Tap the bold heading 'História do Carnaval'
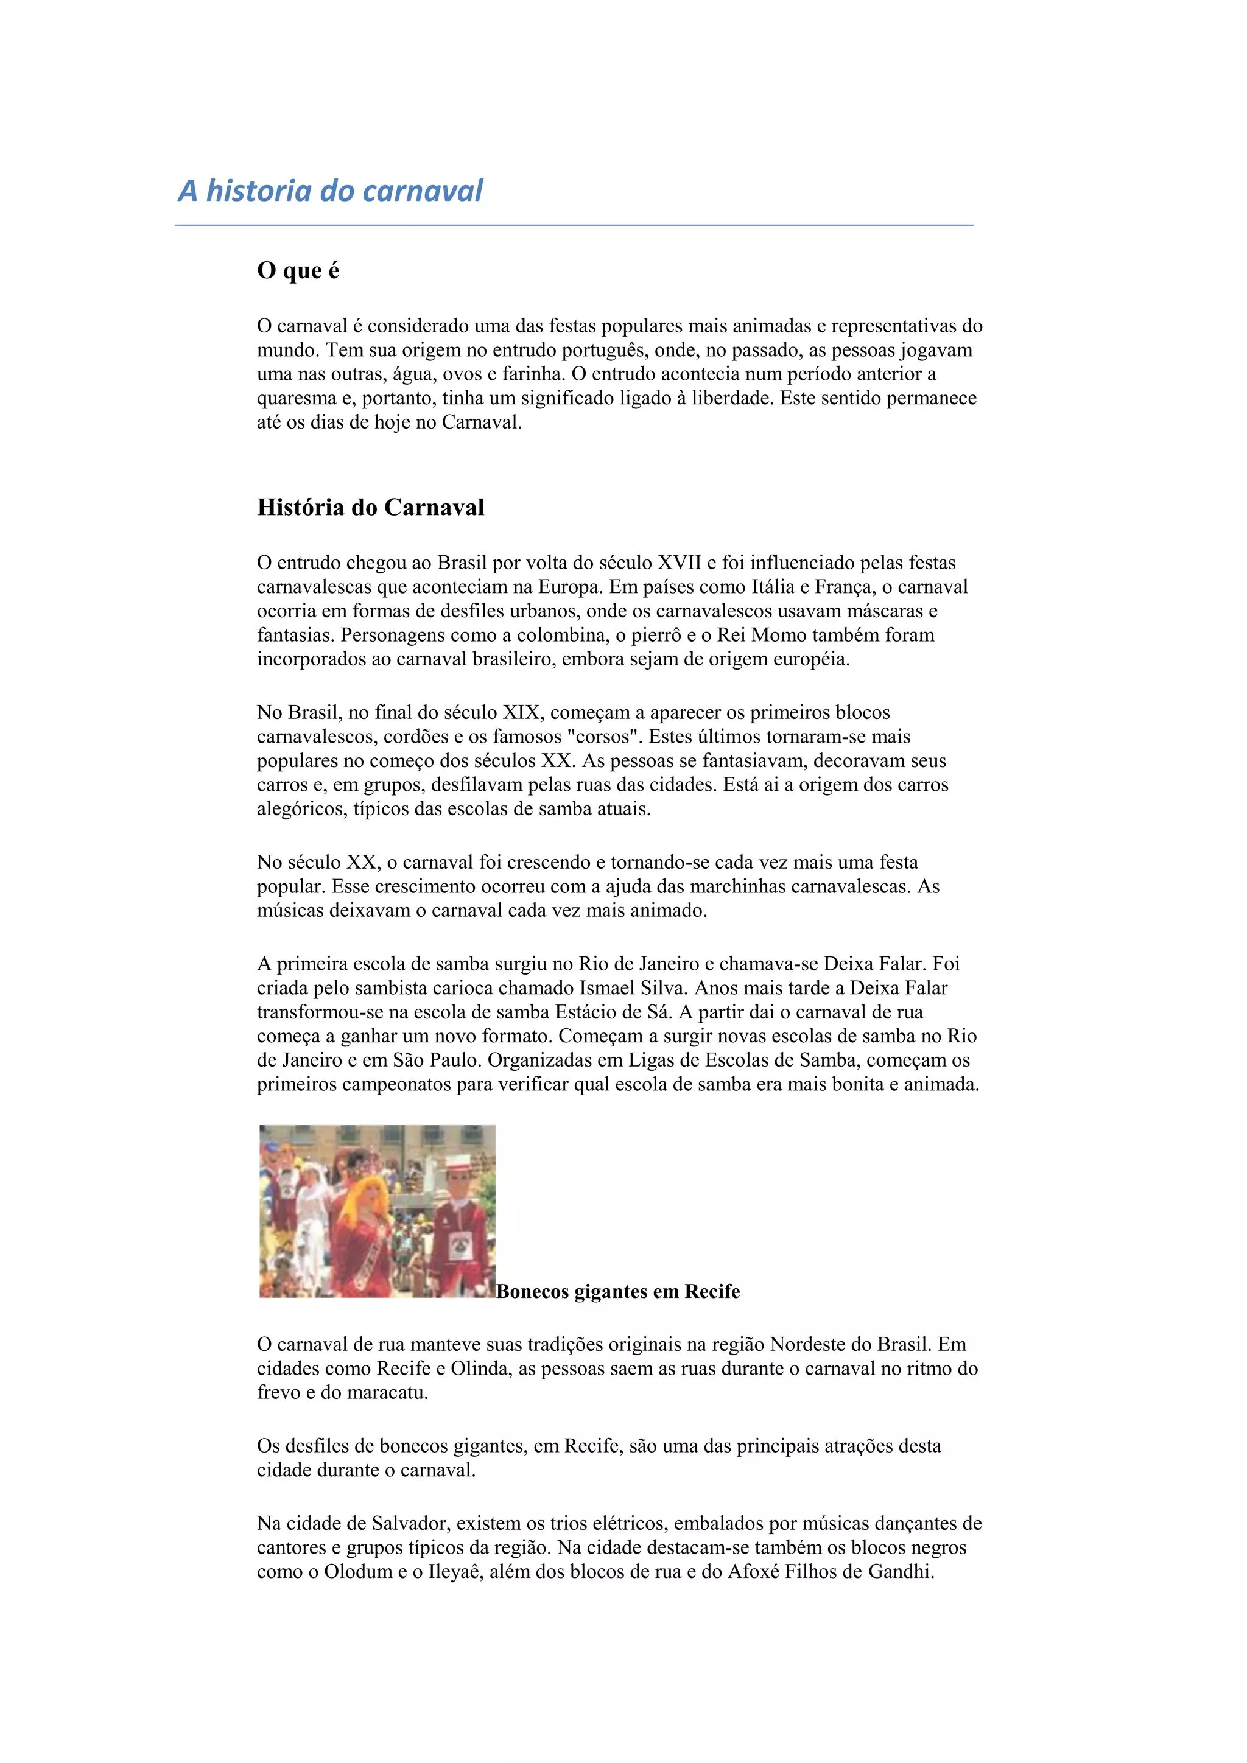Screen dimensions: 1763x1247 370,508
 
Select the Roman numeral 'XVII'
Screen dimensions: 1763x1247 679,563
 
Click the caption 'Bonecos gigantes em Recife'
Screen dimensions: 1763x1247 618,1292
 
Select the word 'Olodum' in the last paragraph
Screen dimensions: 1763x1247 357,1571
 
